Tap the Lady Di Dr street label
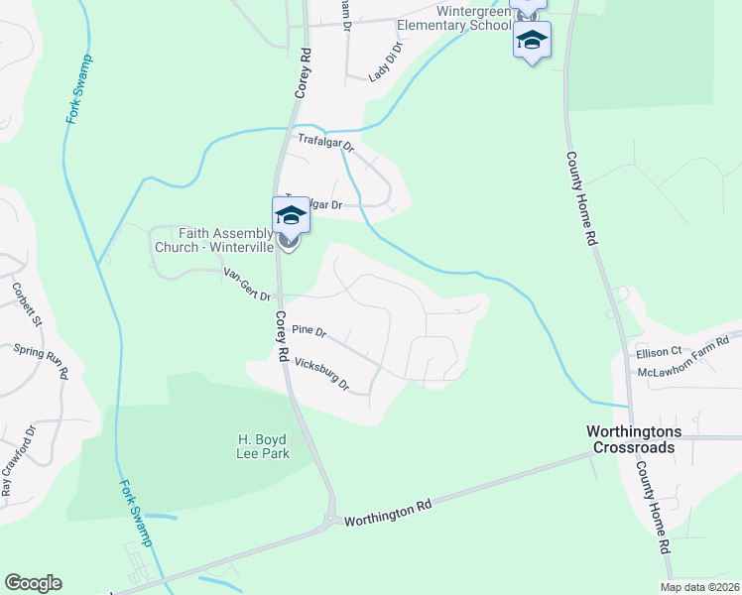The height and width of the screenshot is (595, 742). coord(387,61)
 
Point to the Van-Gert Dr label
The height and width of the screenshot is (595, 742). coord(247,282)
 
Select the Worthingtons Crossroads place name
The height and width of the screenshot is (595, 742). coord(630,439)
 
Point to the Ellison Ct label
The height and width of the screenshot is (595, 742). coord(660,351)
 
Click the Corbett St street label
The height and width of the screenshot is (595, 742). coord(27,303)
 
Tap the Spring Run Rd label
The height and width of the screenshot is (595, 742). coord(41,362)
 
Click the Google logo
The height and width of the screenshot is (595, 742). coord(33,583)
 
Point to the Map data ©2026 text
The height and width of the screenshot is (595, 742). coord(699,587)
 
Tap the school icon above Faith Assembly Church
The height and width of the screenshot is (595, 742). coord(290,215)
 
